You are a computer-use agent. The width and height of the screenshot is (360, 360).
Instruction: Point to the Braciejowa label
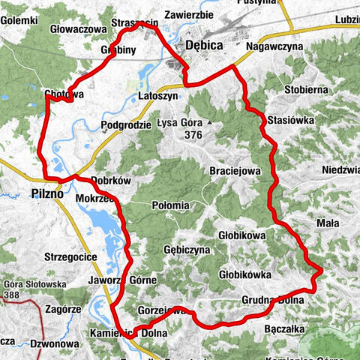[235, 170]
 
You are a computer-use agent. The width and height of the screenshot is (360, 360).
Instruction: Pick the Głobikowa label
[242, 235]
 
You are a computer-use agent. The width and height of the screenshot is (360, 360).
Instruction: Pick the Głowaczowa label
[76, 29]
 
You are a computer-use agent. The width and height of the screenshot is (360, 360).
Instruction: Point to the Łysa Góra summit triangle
[211, 122]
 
